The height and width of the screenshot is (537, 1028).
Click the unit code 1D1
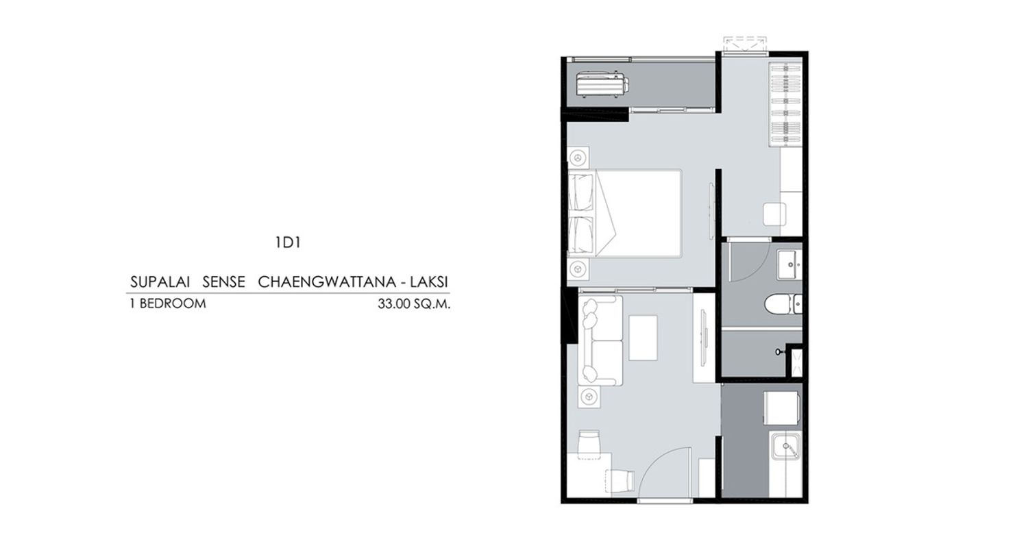(x=288, y=242)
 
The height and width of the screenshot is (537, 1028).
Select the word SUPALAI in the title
(x=160, y=282)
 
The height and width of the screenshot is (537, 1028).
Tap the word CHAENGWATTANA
(x=327, y=282)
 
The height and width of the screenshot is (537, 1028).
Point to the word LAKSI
(x=429, y=282)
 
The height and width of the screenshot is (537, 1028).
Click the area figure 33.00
(x=394, y=304)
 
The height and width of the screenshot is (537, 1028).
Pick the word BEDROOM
(x=173, y=303)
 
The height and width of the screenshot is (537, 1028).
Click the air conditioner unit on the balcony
(x=602, y=85)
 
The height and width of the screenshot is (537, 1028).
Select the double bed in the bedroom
(x=625, y=213)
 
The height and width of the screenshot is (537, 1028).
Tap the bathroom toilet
(x=783, y=304)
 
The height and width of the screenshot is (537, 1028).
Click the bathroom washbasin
(x=790, y=264)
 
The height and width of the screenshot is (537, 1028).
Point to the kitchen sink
(x=785, y=446)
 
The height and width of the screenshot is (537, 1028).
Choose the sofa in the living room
(x=600, y=340)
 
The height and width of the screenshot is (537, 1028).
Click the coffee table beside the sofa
(x=643, y=338)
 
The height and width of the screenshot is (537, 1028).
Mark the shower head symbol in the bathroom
(x=779, y=352)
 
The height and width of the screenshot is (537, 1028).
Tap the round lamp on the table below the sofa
(x=589, y=396)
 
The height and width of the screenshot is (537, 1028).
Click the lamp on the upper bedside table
(x=578, y=158)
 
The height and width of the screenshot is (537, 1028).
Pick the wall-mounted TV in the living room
(x=703, y=338)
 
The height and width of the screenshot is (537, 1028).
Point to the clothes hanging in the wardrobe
(x=785, y=105)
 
